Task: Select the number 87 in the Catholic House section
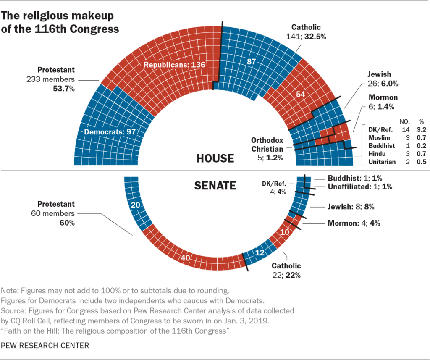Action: [x=251, y=61]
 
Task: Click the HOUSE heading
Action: [x=215, y=158]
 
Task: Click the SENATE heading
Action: [x=215, y=185]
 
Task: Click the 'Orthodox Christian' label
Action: [x=267, y=144]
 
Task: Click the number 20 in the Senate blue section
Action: [x=135, y=205]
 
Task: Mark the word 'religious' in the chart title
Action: [x=49, y=16]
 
